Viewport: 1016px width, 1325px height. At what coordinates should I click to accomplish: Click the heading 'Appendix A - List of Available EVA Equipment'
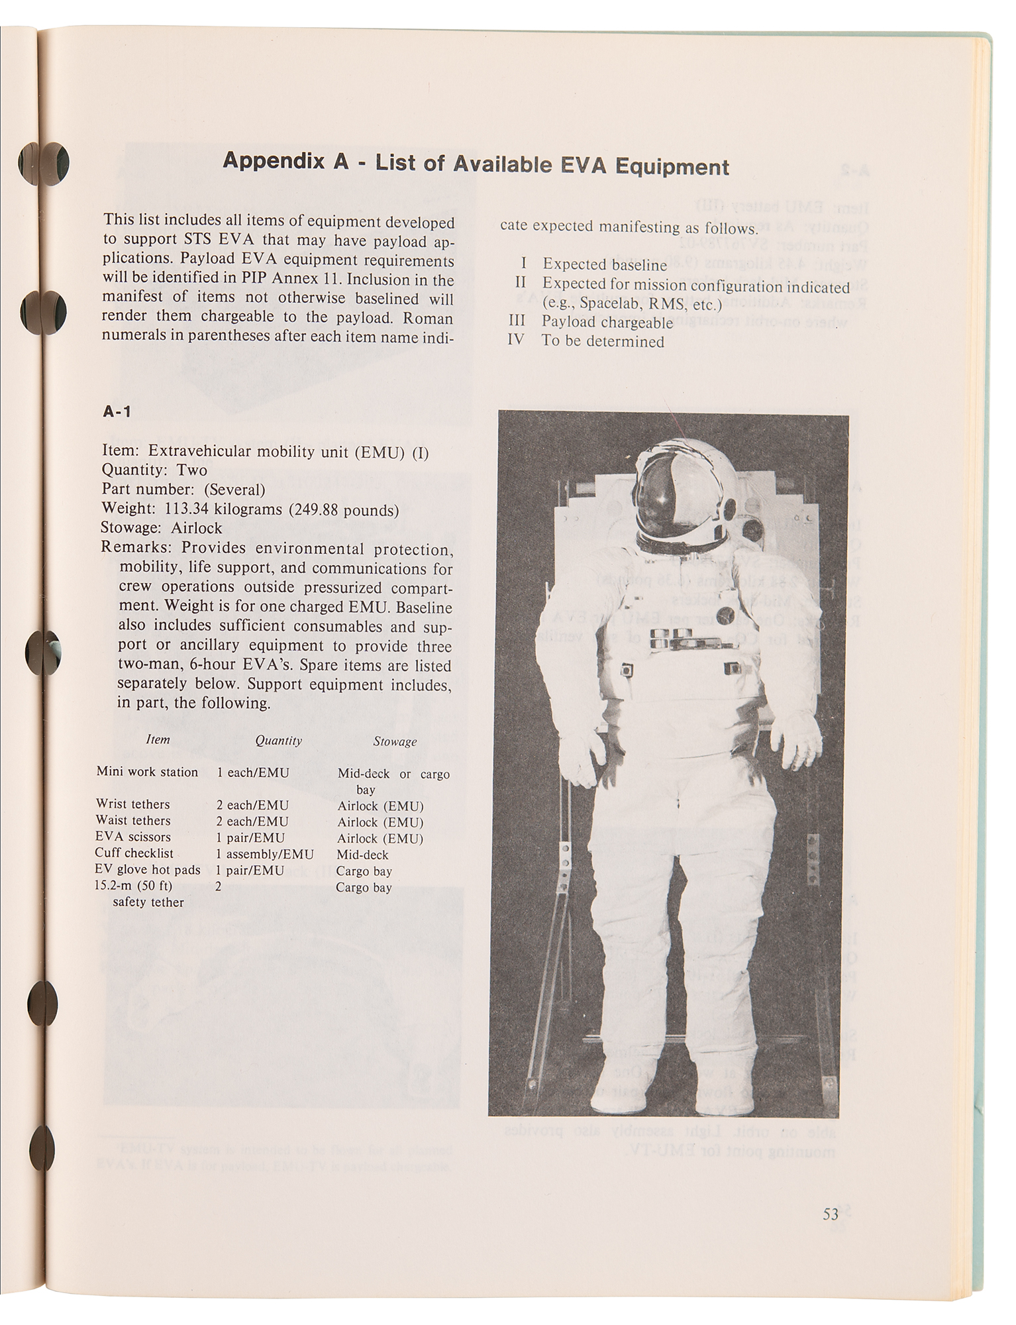click(x=476, y=164)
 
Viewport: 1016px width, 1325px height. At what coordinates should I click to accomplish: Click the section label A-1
click(x=117, y=411)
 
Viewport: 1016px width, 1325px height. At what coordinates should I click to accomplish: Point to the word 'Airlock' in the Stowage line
click(x=197, y=529)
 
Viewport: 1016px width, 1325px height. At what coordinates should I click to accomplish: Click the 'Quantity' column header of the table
click(x=278, y=741)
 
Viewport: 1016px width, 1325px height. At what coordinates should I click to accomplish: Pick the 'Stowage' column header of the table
click(x=395, y=742)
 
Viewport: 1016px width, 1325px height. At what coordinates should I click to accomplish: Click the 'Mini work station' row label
click(x=147, y=772)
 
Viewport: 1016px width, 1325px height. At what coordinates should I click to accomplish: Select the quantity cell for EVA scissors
click(x=251, y=837)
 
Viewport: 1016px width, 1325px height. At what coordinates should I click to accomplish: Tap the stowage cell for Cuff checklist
click(x=362, y=855)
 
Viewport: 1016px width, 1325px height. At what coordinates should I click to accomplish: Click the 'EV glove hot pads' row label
click(x=148, y=870)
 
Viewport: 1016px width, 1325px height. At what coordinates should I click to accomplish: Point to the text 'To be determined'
click(x=603, y=341)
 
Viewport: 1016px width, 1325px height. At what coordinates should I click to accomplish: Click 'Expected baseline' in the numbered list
click(x=605, y=265)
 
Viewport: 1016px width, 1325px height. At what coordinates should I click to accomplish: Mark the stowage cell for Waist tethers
click(x=380, y=822)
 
